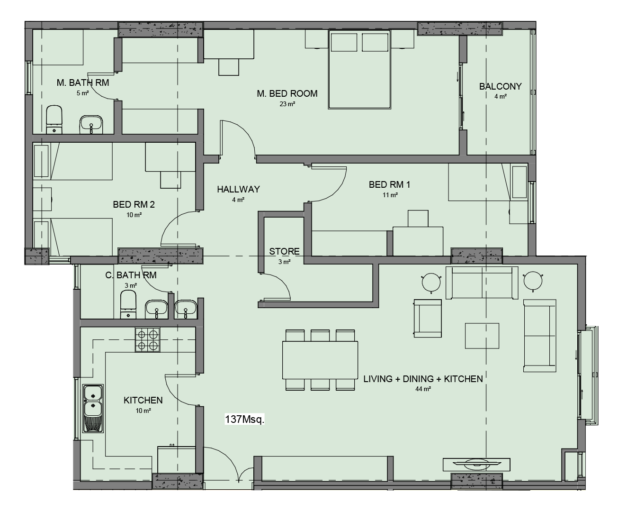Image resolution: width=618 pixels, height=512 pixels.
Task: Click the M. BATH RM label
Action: click(x=83, y=82)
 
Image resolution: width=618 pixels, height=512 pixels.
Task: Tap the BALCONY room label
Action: click(x=500, y=86)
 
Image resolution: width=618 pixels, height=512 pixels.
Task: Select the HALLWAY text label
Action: click(x=238, y=189)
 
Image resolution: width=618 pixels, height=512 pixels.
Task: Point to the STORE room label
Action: click(x=284, y=251)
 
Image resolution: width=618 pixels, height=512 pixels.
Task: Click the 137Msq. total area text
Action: click(x=244, y=419)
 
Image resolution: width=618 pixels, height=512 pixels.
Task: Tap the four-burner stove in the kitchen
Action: click(x=147, y=339)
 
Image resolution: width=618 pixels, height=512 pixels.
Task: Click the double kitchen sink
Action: click(x=93, y=408)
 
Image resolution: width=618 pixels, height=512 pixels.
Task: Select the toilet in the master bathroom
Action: click(x=54, y=119)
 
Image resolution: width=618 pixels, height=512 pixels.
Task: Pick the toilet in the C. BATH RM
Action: click(x=128, y=304)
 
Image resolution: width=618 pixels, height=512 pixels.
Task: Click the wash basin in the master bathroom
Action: click(x=91, y=124)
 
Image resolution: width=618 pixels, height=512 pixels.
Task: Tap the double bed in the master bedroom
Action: click(x=359, y=70)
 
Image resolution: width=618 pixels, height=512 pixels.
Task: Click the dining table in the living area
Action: click(x=320, y=360)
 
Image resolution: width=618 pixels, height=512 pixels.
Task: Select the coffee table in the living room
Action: click(x=482, y=336)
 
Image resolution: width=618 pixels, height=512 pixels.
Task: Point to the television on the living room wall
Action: click(x=476, y=464)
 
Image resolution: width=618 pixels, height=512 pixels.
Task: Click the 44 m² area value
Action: click(x=423, y=389)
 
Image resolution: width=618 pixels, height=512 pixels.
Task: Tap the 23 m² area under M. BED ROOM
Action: click(x=287, y=104)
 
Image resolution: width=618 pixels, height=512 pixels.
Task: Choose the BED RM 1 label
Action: click(x=389, y=184)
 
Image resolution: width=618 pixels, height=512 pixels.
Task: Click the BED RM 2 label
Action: click(x=134, y=204)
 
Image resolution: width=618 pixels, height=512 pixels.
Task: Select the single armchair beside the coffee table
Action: click(x=428, y=318)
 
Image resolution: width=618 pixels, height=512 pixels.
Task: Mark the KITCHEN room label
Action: click(x=143, y=400)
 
